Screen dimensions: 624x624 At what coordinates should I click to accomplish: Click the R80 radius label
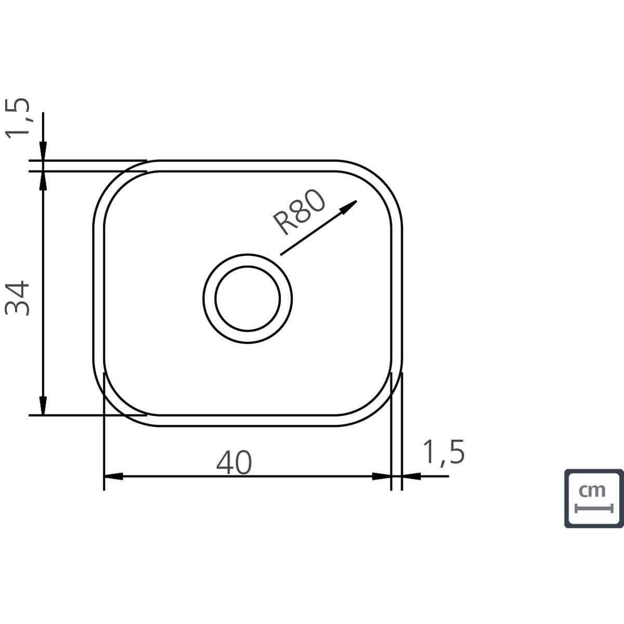[x=299, y=212]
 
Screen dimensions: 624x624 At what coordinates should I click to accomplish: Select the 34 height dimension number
[x=17, y=298]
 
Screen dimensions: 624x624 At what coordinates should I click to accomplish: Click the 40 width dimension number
[x=234, y=462]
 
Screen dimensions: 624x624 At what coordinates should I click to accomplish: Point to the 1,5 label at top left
[x=18, y=118]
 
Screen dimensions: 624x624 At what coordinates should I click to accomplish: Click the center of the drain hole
[x=248, y=298]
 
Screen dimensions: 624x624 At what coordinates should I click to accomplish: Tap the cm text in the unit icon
[x=592, y=490]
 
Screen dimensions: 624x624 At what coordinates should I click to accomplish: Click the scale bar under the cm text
[x=594, y=509]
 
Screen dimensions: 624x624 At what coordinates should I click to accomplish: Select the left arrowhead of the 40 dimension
[x=113, y=476]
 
